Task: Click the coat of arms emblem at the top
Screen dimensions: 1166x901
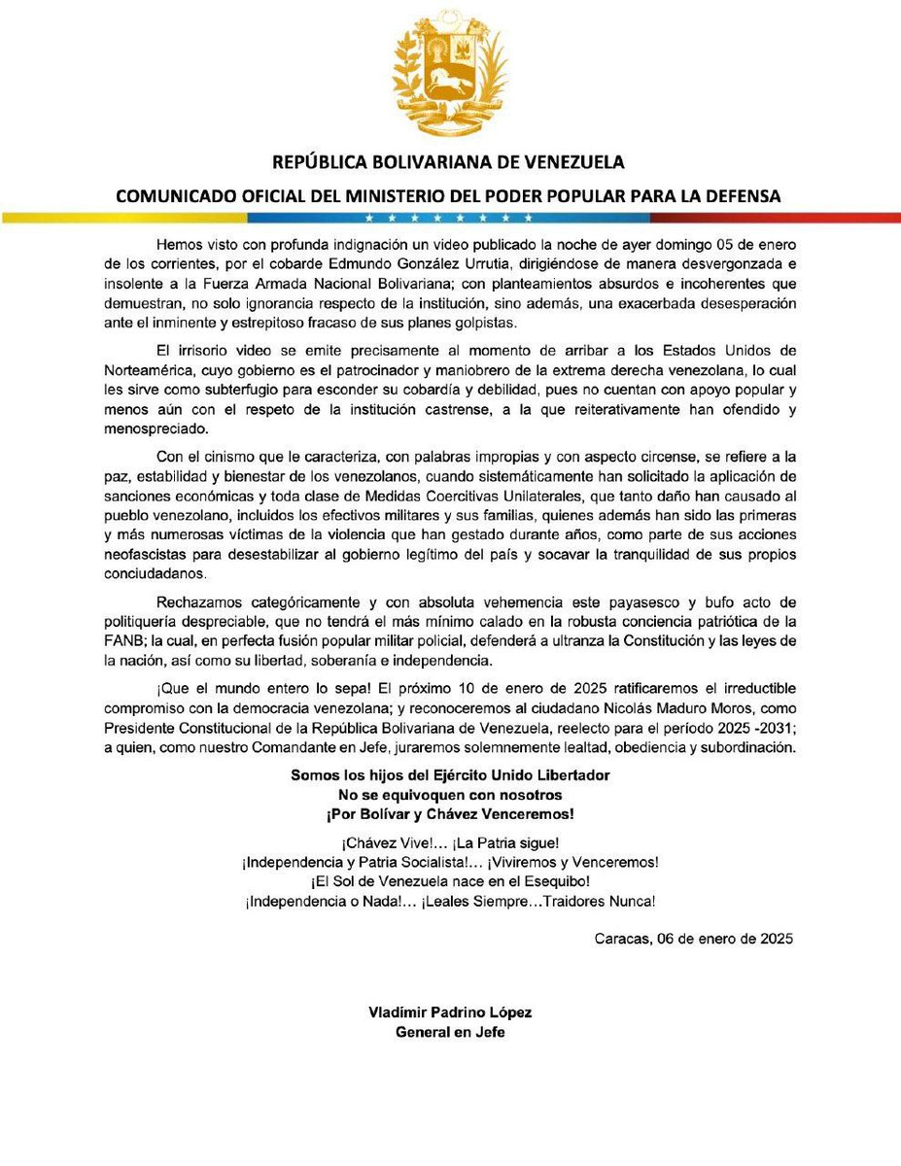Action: (450, 74)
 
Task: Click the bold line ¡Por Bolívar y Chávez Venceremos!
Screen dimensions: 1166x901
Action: (450, 813)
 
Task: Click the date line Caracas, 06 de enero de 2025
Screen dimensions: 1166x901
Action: (694, 939)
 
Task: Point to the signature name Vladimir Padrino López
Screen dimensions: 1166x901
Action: (450, 1012)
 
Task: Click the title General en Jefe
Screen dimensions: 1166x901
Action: (450, 1031)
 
